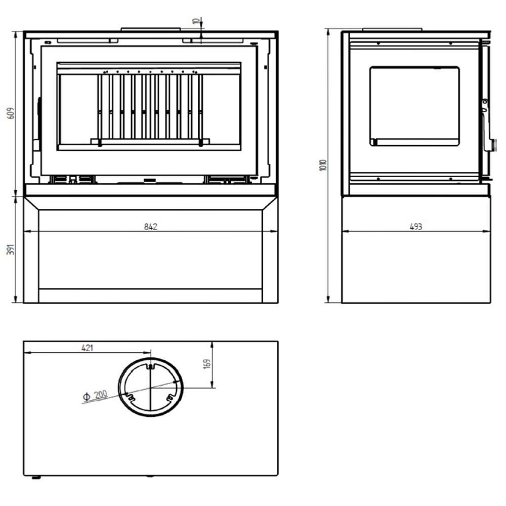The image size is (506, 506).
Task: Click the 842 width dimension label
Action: (x=150, y=227)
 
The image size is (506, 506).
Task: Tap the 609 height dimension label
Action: (x=11, y=113)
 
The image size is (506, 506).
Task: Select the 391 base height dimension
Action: (x=11, y=249)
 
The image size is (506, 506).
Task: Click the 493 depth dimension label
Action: (x=415, y=227)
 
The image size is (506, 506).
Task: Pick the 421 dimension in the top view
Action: (x=87, y=348)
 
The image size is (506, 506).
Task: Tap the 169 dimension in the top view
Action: (x=207, y=363)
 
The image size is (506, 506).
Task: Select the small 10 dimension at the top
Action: (x=195, y=21)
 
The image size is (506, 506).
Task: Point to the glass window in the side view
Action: (x=415, y=106)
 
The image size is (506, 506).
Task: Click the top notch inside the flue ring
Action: (x=150, y=366)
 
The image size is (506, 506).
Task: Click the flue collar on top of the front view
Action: (x=150, y=29)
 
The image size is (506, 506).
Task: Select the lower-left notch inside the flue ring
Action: (x=130, y=397)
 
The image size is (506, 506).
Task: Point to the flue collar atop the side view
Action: (x=392, y=30)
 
